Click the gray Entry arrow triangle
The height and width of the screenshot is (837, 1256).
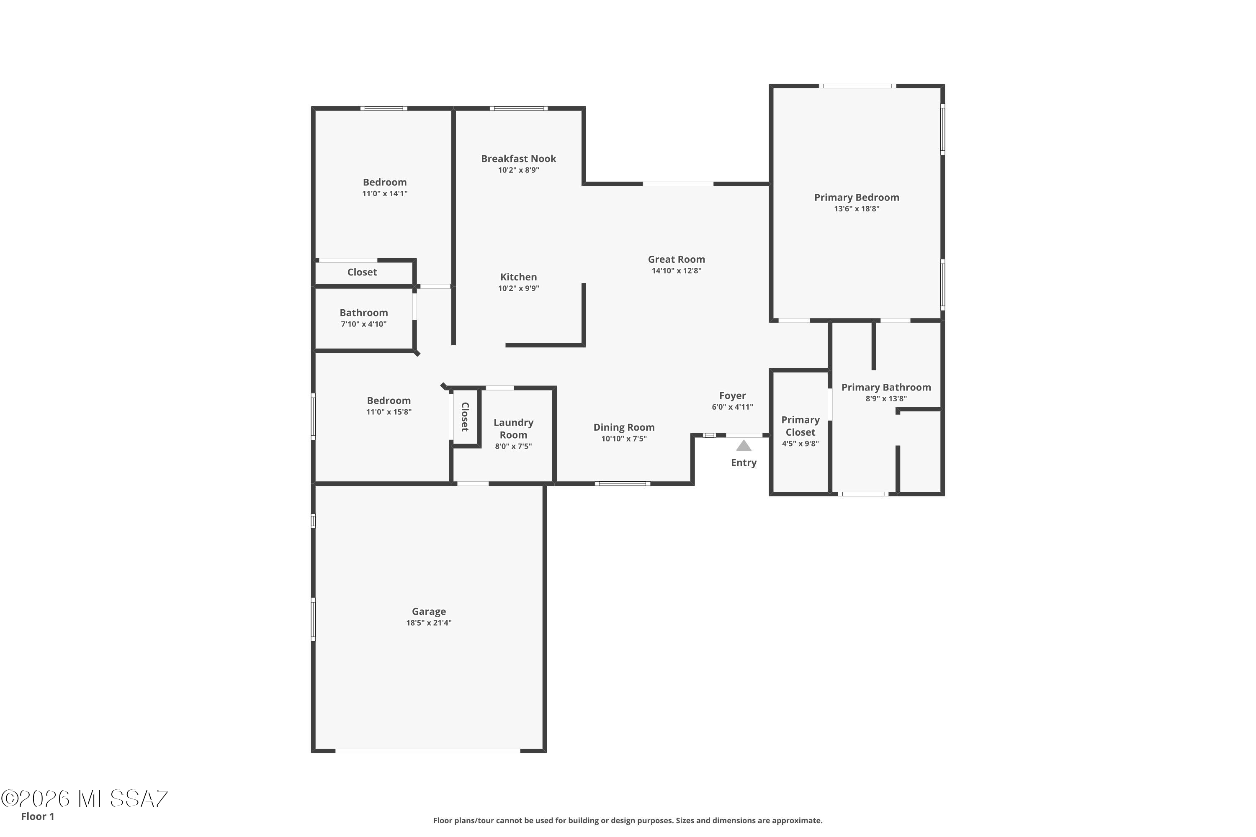[744, 445]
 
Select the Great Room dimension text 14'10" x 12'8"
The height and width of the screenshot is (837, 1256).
[677, 271]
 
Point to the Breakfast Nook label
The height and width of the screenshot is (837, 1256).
[519, 159]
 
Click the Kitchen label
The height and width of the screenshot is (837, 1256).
[519, 277]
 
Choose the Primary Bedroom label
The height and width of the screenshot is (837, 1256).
[857, 198]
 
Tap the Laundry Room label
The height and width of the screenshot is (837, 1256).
[513, 429]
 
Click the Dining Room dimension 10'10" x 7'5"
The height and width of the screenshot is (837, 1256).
[624, 439]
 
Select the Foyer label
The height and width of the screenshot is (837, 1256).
[732, 395]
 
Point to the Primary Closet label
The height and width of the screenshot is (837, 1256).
[800, 426]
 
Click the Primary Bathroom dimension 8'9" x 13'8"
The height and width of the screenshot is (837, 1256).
[886, 399]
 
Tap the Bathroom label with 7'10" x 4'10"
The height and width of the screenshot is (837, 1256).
[364, 313]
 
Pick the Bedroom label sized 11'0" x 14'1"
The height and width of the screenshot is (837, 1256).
[384, 182]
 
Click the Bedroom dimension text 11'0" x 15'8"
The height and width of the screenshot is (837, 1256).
[389, 412]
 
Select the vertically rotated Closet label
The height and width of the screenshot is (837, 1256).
[465, 417]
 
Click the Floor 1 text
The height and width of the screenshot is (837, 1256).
[37, 816]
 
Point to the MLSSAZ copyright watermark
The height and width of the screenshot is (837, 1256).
[85, 799]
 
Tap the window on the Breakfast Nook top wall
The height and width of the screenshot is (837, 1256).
[519, 108]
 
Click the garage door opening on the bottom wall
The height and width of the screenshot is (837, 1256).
[428, 750]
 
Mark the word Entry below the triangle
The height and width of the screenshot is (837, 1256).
[744, 463]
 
